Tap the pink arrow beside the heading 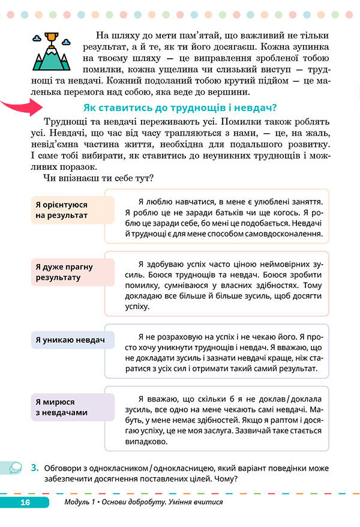pyautogui.click(x=20, y=108)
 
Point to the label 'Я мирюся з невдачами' pyautogui.click(x=62, y=406)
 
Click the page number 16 pyautogui.click(x=25, y=502)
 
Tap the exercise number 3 pyautogui.click(x=35, y=466)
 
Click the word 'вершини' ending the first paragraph pyautogui.click(x=228, y=92)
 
